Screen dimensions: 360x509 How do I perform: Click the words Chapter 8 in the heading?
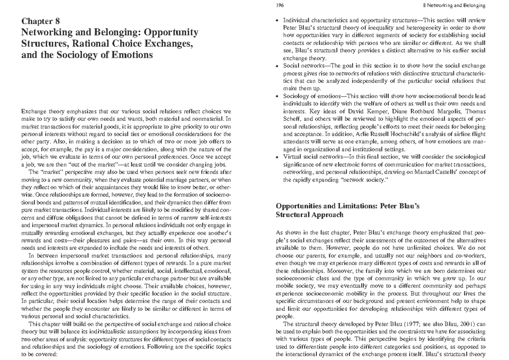point(42,21)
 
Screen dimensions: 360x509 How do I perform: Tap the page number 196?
point(280,5)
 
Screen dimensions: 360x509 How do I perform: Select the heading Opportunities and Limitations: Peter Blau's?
point(347,206)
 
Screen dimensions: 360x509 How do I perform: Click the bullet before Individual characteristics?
point(278,21)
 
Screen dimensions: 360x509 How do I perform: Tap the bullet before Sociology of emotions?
point(278,97)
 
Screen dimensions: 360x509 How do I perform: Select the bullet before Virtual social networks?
point(278,157)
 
